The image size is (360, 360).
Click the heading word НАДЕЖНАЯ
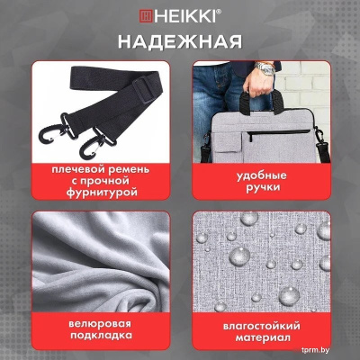180,41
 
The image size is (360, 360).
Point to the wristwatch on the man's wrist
265,67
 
